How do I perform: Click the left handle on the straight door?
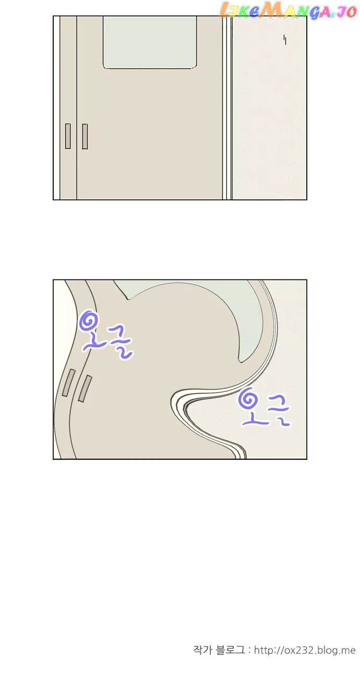click(68, 136)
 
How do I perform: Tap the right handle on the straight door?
click(85, 136)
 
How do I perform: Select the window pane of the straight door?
click(149, 43)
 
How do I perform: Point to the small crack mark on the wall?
click(285, 40)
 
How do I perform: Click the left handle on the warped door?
click(68, 383)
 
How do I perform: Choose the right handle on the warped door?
click(85, 388)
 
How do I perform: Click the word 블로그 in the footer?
click(230, 650)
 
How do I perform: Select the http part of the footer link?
click(264, 651)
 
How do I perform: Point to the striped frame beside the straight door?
click(227, 108)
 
